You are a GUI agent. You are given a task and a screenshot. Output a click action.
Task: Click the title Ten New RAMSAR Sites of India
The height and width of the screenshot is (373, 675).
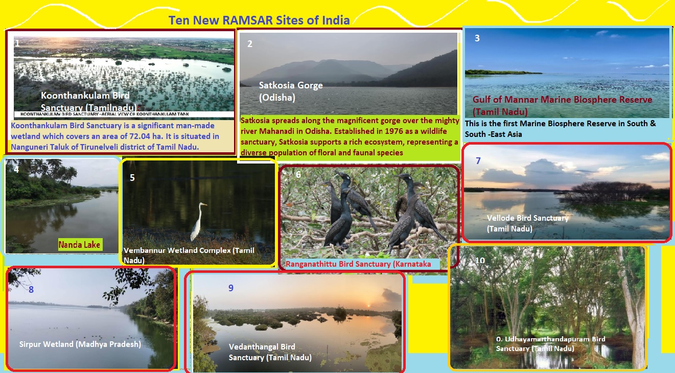[x=259, y=20]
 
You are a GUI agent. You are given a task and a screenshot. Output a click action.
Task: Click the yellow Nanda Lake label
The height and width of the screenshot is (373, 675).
[x=79, y=244]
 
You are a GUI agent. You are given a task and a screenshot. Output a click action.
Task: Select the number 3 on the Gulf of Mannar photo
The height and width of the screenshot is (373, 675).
[x=477, y=38]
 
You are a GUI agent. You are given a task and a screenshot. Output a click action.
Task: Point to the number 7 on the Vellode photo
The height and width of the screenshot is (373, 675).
[x=478, y=160]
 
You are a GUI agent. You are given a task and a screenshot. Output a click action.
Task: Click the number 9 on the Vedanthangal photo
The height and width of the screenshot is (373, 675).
[x=231, y=288]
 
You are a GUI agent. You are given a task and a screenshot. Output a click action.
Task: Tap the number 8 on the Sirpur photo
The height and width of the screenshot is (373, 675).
[x=31, y=290]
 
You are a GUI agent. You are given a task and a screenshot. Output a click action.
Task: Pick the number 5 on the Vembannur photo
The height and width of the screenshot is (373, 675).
[x=132, y=178]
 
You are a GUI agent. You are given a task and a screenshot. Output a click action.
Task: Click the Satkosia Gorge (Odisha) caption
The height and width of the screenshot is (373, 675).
[x=291, y=91]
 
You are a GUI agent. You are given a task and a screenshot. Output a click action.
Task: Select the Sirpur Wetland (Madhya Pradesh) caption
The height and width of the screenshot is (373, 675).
[x=80, y=344]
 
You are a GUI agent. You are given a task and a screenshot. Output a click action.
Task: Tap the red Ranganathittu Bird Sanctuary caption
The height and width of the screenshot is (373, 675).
[x=358, y=264]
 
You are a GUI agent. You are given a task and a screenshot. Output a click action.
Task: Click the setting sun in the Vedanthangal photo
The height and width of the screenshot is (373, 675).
[x=368, y=306]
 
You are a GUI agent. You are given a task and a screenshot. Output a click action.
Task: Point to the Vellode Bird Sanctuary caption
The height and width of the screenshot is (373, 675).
[x=528, y=223]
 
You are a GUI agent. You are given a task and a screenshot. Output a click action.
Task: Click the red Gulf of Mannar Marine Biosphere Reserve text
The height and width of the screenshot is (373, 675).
[x=562, y=105]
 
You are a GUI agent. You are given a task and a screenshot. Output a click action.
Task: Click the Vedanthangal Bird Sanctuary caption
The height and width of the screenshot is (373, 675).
[x=270, y=352]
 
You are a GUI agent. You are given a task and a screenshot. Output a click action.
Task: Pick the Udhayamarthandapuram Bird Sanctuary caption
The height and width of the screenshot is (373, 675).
[x=550, y=344]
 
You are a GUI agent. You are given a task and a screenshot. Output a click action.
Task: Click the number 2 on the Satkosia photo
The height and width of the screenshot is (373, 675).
[x=250, y=44]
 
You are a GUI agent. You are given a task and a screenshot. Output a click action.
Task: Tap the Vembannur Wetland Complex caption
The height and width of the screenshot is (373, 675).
[x=189, y=255]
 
